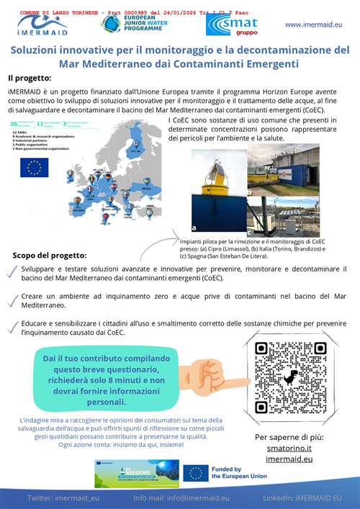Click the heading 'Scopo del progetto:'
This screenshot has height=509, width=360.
point(50,255)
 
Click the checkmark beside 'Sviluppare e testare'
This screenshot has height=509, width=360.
point(12,271)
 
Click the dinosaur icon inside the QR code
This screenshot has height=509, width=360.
point(289,377)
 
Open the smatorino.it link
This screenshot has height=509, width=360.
point(289,448)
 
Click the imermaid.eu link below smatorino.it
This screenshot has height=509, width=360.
point(289,459)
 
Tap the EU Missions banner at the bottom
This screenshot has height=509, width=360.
point(137,473)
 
